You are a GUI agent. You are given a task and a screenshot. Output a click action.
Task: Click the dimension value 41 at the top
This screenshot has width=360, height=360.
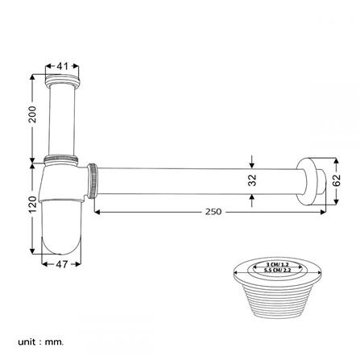click(61, 66)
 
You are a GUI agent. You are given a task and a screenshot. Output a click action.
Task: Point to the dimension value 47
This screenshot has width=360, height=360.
click(59, 263)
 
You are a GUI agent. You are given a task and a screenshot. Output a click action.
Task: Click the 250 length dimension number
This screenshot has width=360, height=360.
click(213, 212)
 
